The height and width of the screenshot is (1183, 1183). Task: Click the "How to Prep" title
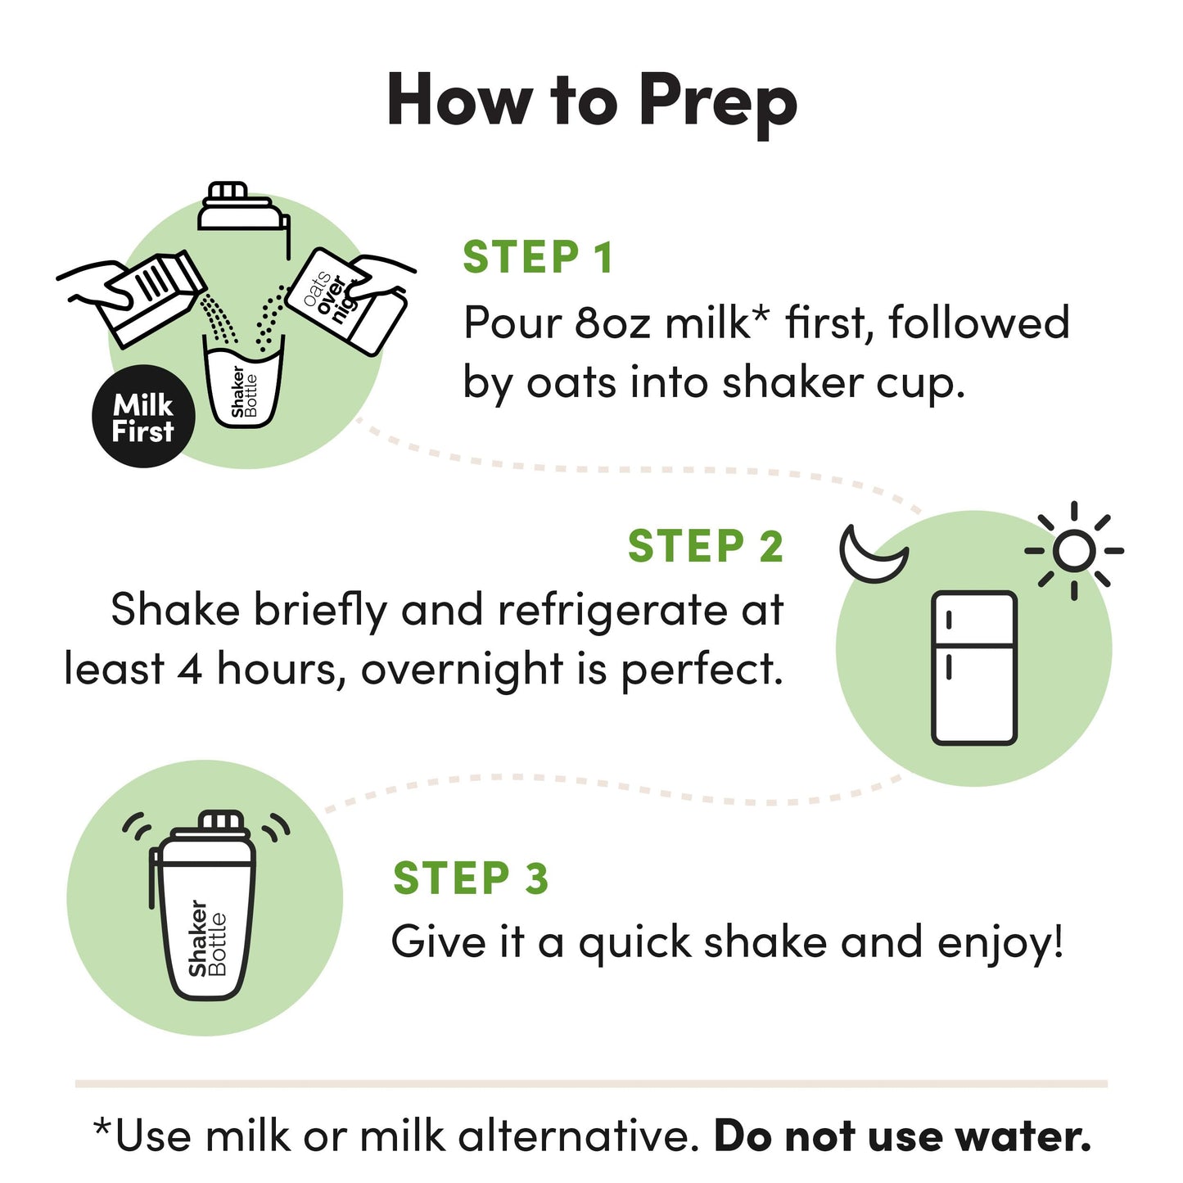click(591, 100)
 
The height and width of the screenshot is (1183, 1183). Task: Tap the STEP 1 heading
click(538, 258)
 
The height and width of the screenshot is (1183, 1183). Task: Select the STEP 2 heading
click(705, 546)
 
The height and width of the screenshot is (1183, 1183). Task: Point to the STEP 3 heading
click(471, 878)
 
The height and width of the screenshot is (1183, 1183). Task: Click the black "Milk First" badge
click(143, 417)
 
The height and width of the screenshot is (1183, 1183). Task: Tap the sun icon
click(1073, 550)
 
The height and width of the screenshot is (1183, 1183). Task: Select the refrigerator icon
click(974, 667)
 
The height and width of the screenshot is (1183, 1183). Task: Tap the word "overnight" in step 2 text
click(462, 670)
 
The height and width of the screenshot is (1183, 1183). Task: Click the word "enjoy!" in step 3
click(1000, 942)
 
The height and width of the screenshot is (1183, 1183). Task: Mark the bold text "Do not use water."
click(902, 1136)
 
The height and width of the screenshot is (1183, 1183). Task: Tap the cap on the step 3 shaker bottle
click(222, 820)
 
